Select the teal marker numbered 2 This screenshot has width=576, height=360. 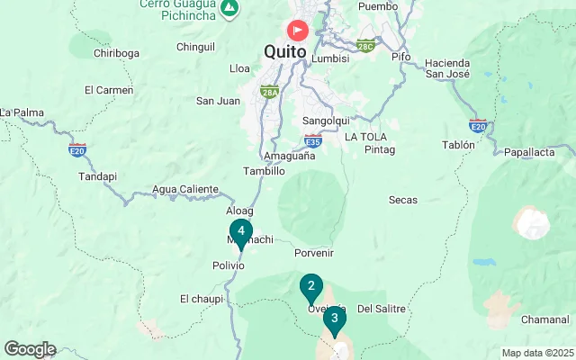[x=310, y=288]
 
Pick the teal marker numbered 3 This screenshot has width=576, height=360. [x=334, y=319]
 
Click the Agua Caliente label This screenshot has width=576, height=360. [x=185, y=190]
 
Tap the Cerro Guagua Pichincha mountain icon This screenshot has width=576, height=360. [x=231, y=8]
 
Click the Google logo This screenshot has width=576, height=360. [x=30, y=349]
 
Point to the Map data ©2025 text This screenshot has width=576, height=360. [x=537, y=353]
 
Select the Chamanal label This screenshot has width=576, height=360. [x=545, y=320]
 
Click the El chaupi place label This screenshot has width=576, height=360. [x=201, y=299]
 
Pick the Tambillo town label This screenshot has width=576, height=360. [x=265, y=171]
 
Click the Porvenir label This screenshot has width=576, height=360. [x=314, y=253]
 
